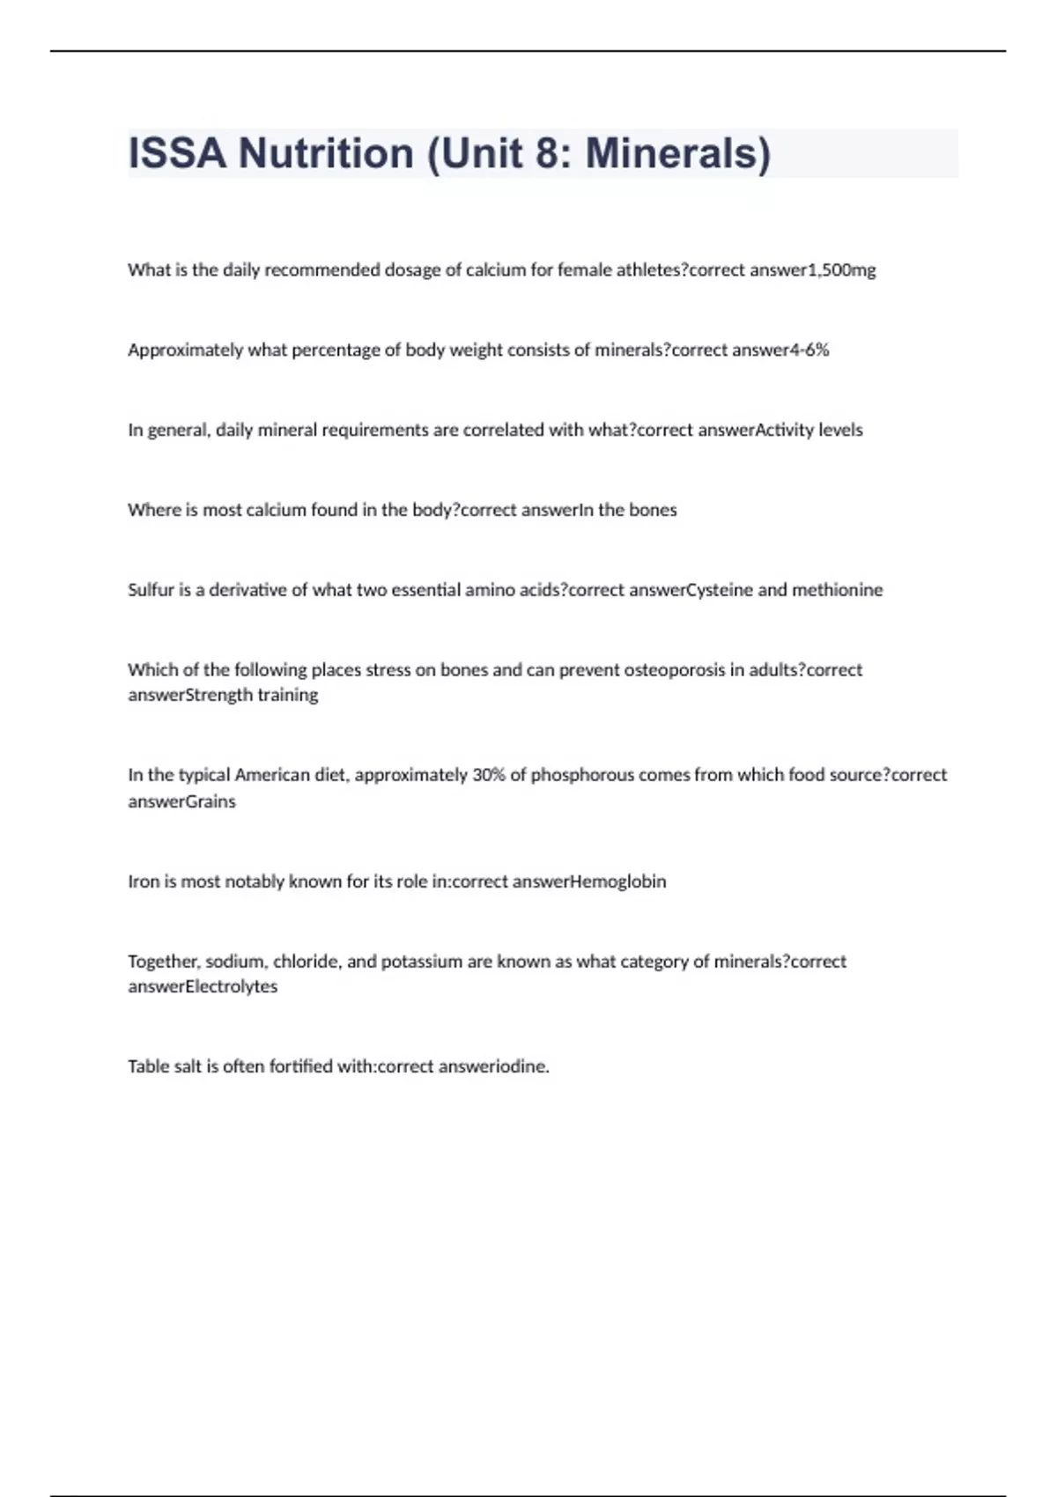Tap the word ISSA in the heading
[x=177, y=153]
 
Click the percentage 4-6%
[x=809, y=350]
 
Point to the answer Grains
[x=211, y=802]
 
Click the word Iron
[x=142, y=881]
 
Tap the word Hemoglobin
[x=618, y=881]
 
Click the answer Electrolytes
[x=232, y=987]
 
